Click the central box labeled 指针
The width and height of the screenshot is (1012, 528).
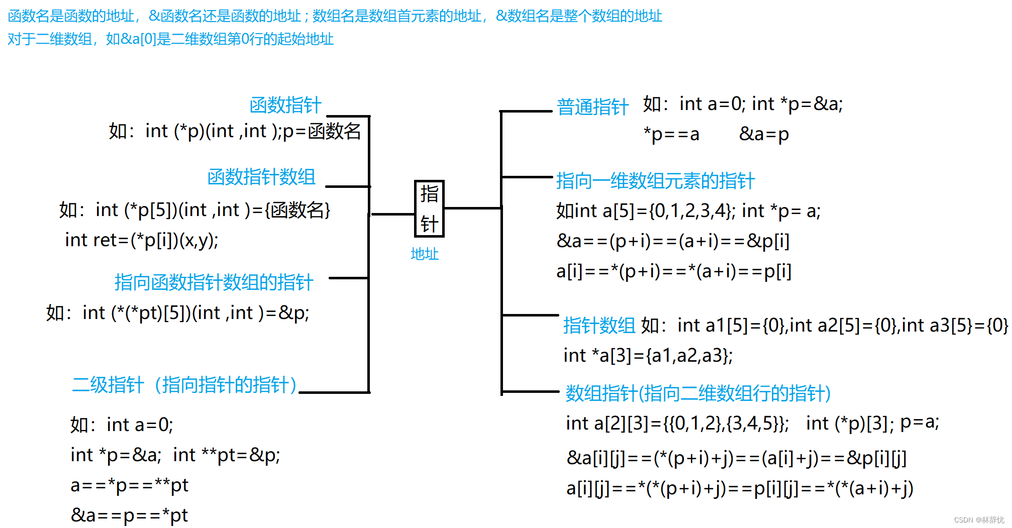429,208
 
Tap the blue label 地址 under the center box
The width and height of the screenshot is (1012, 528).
425,254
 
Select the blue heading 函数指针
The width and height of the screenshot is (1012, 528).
285,105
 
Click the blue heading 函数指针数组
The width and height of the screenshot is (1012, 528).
261,177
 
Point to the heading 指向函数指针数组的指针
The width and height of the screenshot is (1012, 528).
214,282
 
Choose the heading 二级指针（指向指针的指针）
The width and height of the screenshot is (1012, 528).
184,385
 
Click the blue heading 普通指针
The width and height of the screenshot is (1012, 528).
592,107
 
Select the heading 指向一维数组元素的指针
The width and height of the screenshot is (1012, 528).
655,181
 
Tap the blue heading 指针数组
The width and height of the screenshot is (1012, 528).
599,326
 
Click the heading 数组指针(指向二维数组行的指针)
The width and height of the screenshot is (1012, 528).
698,393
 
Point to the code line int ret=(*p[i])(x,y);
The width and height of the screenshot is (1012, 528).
142,240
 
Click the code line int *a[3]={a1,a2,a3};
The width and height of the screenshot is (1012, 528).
648,356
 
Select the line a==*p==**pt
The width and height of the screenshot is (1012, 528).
130,485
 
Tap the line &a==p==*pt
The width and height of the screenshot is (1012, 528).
129,515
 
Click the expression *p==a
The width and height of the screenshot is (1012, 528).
671,134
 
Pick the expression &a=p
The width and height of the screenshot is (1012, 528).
764,134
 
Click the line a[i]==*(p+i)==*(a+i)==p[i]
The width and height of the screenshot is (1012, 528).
674,271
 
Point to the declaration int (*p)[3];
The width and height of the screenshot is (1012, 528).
850,423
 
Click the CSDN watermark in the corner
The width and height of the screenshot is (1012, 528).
978,520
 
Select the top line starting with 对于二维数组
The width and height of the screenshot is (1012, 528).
171,39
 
